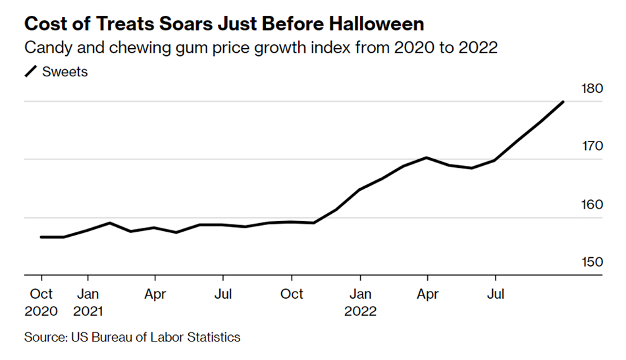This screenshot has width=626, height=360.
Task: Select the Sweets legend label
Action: [65, 72]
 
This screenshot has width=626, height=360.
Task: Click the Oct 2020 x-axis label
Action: [41, 302]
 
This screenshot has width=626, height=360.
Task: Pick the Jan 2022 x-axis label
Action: [360, 302]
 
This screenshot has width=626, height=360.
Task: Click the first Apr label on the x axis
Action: [155, 294]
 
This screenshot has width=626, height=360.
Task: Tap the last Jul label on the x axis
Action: [495, 294]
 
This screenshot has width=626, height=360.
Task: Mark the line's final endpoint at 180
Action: [563, 101]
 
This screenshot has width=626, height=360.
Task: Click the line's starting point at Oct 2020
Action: [41, 237]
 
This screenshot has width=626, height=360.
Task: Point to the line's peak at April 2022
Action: [427, 157]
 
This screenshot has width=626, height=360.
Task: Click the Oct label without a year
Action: [292, 294]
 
